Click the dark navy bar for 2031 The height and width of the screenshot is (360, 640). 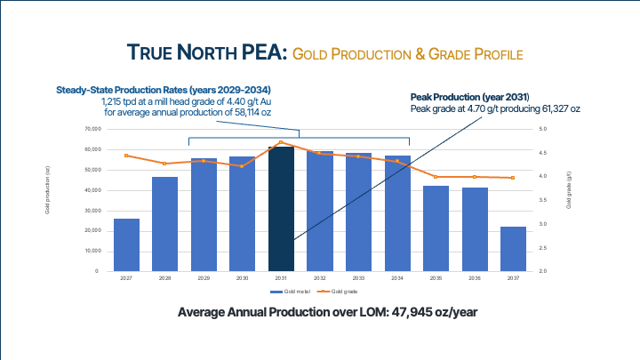click(x=281, y=209)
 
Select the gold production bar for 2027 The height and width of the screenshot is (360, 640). click(x=126, y=244)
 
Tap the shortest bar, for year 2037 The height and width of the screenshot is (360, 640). click(x=513, y=249)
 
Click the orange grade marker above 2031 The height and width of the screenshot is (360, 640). click(x=281, y=142)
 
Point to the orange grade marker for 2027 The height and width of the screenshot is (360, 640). click(x=126, y=156)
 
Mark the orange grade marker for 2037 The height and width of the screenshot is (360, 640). click(x=513, y=178)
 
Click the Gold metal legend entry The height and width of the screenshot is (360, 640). click(x=292, y=291)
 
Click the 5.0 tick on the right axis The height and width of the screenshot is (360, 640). click(x=543, y=130)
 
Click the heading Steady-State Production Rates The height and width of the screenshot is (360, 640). click(x=164, y=91)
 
